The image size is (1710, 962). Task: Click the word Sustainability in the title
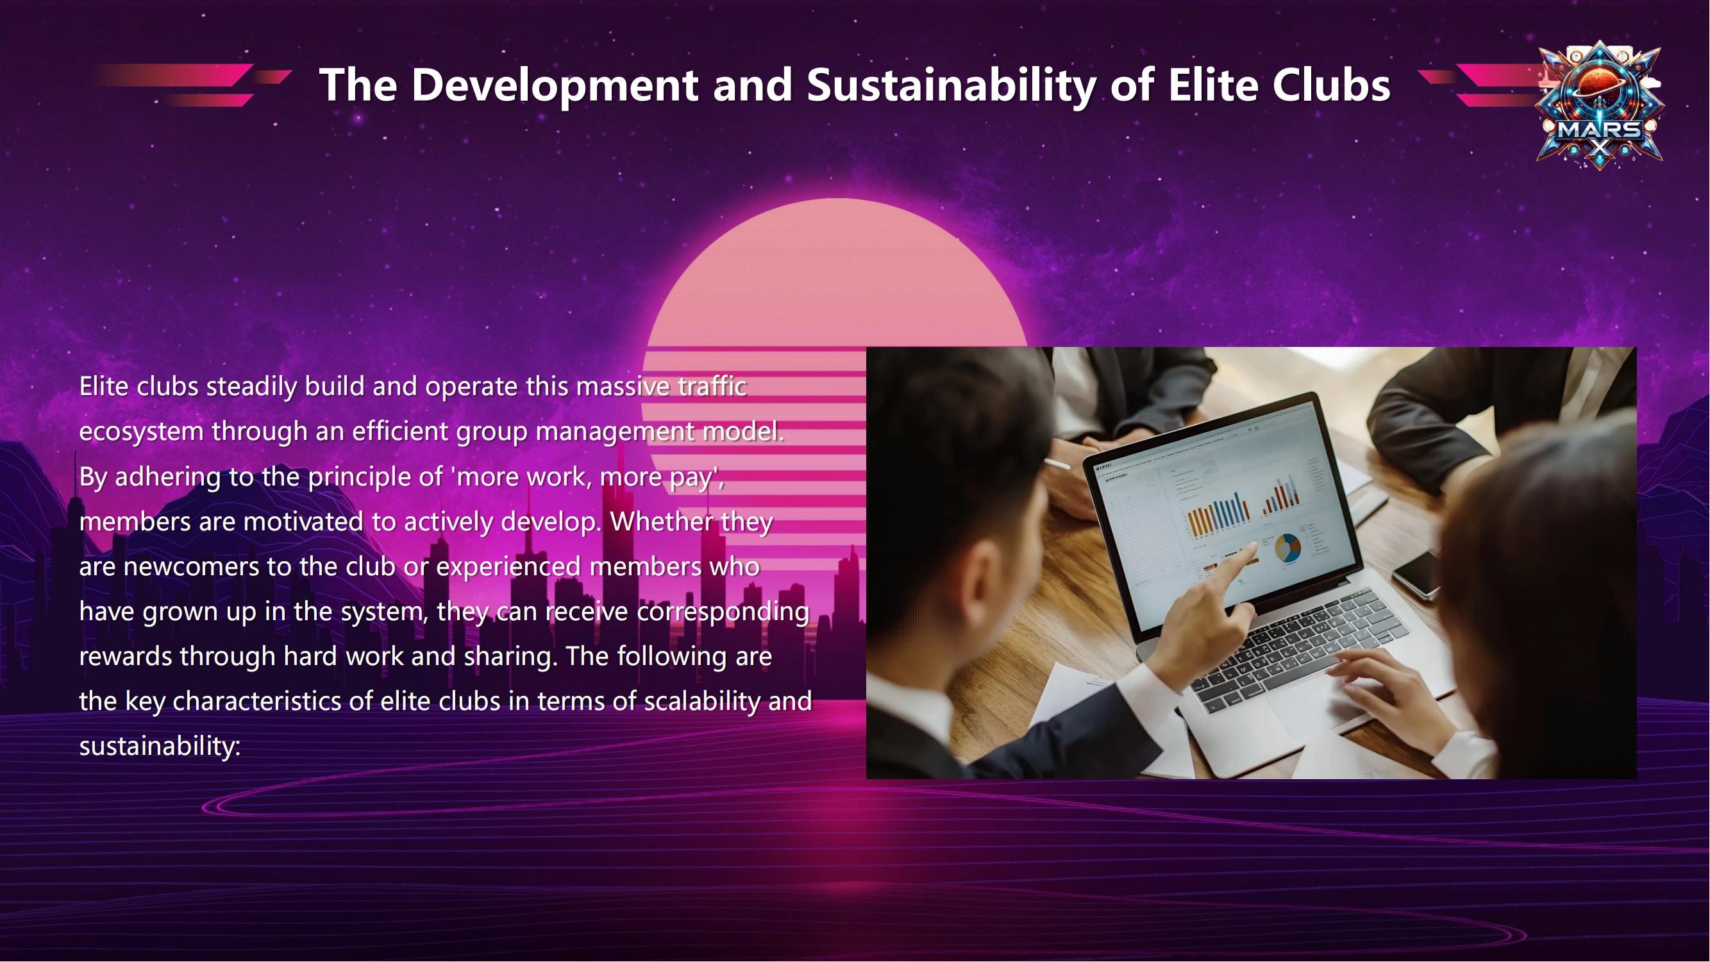click(x=951, y=85)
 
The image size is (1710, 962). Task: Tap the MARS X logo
click(x=1600, y=105)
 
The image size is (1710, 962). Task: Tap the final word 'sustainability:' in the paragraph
click(x=159, y=747)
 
